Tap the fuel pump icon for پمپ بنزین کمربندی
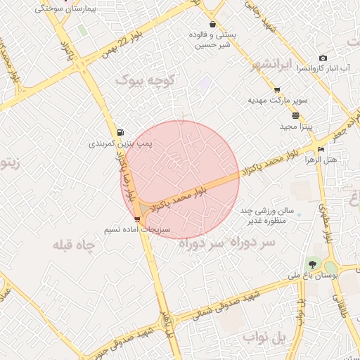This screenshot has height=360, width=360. (121, 132)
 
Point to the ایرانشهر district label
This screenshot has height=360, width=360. (271, 66)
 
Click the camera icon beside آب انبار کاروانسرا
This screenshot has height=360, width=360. (323, 58)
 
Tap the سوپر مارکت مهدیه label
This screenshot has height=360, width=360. (278, 101)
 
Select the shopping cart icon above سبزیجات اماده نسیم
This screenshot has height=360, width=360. (136, 219)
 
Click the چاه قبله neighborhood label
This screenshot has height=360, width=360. (74, 246)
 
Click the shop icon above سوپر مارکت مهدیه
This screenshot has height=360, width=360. (277, 90)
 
